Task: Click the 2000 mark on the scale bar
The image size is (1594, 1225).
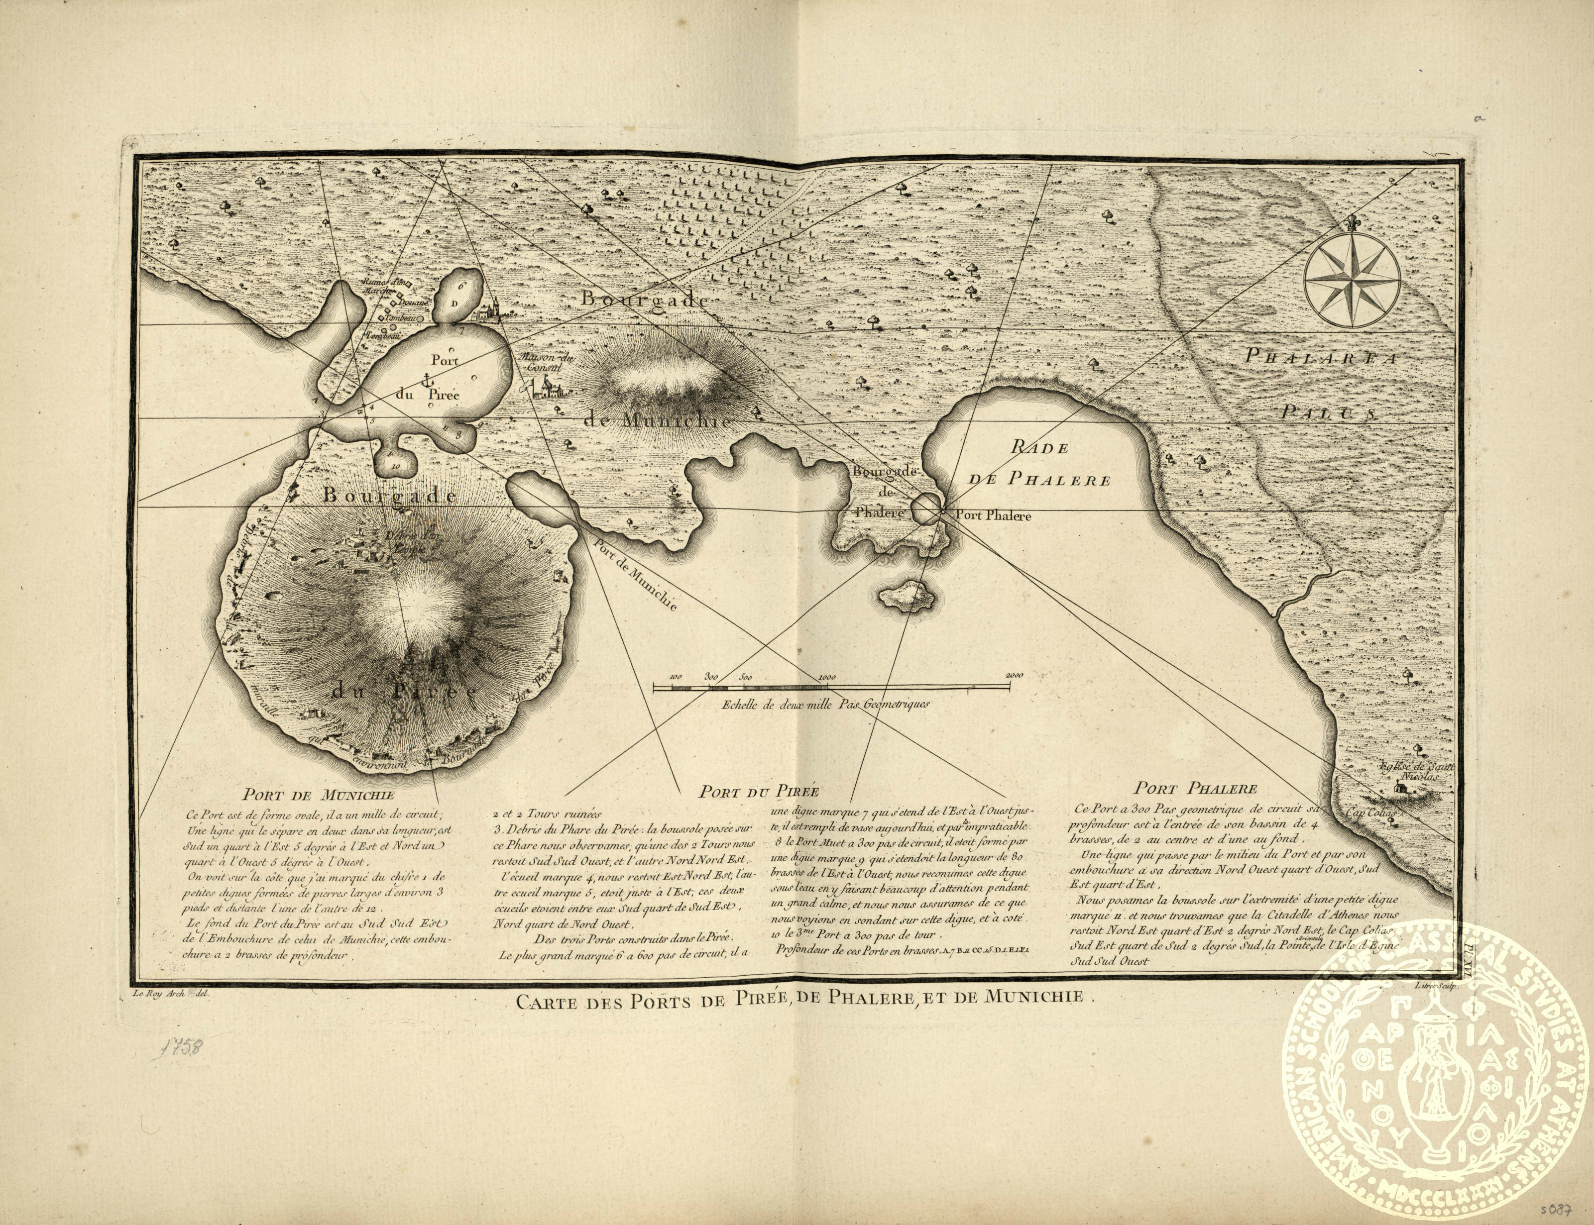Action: (1014, 675)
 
